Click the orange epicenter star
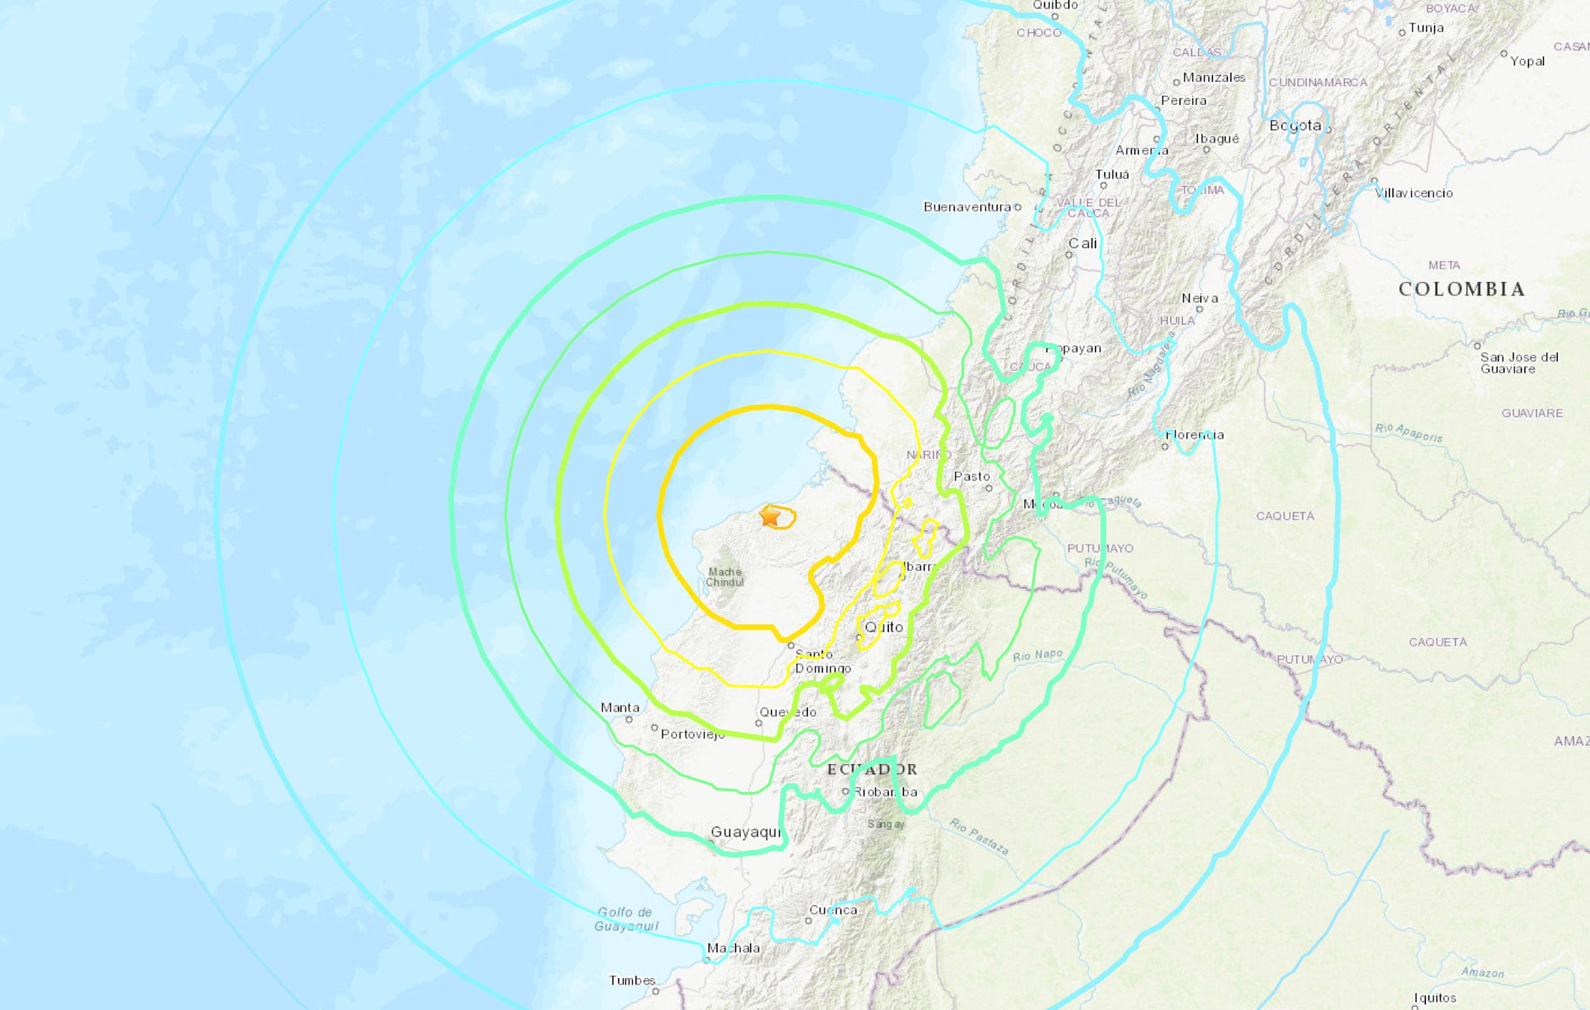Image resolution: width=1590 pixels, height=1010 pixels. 770,515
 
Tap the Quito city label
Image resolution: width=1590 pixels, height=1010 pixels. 884,627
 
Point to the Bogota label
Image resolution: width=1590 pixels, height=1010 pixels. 1295,126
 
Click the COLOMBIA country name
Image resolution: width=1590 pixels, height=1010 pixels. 1462,289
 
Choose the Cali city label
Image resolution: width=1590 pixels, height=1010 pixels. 1083,243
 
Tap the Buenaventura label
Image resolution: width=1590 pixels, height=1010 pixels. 967,207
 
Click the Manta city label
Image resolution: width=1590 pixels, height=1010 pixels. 620,708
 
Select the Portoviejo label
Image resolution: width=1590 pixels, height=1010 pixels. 692,733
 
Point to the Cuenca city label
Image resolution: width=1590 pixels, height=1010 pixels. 833,910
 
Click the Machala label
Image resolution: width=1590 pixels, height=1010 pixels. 733,948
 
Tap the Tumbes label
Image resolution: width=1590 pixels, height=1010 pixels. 632,980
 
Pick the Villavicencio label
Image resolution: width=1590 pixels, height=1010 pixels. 1414,193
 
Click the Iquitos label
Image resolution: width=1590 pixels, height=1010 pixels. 1435,997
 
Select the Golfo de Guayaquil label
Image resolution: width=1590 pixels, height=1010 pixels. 626,919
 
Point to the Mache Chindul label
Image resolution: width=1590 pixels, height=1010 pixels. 725,576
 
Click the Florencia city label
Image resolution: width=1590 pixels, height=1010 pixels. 1195,434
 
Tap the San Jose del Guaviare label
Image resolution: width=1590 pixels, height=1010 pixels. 1519,362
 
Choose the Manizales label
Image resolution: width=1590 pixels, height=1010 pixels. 1214,77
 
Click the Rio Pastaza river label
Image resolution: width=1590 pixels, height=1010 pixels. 979,836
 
